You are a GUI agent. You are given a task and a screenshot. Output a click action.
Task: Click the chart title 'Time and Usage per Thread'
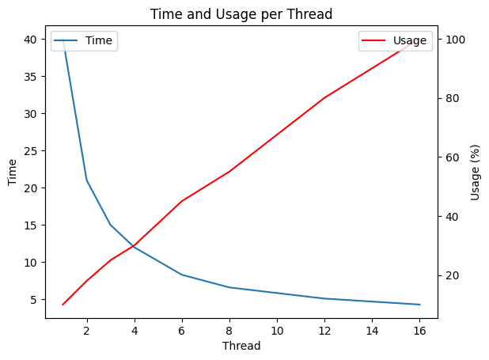(241, 14)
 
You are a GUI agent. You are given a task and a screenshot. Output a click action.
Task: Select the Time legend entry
(83, 40)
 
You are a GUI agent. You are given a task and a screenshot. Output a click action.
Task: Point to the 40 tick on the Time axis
(30, 40)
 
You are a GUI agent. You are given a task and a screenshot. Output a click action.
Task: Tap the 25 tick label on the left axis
(30, 151)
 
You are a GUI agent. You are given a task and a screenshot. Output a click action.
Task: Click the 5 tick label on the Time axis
(34, 300)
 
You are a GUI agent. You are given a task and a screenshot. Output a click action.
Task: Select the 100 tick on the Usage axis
(456, 40)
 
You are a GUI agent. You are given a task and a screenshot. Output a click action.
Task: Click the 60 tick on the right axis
(452, 157)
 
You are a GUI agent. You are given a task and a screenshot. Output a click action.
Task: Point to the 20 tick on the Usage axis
(452, 275)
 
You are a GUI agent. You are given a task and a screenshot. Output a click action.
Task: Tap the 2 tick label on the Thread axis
(87, 331)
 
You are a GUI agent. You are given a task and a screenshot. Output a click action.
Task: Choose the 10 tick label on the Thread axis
(277, 331)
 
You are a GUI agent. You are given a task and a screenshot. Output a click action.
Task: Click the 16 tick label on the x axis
(419, 331)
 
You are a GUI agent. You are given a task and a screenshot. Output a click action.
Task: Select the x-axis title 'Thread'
(241, 346)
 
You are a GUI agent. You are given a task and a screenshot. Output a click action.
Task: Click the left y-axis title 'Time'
(12, 172)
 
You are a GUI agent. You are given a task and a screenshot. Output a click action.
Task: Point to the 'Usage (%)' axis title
(475, 172)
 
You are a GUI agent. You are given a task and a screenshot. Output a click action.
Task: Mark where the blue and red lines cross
(134, 246)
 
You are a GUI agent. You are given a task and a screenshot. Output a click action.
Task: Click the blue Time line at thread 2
(87, 180)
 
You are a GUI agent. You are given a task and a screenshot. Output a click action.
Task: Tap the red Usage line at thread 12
(324, 97)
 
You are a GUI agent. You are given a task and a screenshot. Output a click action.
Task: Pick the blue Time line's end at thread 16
(420, 305)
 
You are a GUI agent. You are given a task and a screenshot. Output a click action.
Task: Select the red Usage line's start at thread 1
(63, 305)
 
